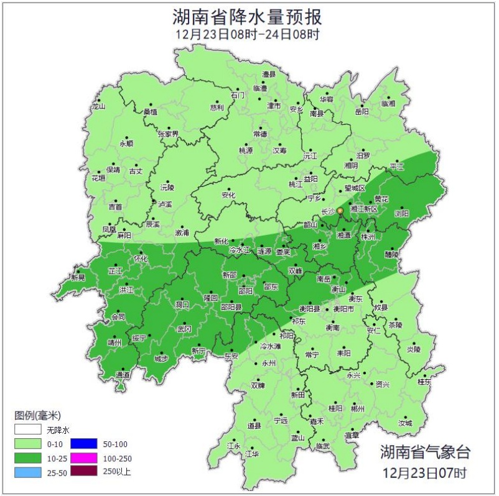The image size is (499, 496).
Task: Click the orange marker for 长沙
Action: coord(340,211)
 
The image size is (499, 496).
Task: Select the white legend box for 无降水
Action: coord(28,429)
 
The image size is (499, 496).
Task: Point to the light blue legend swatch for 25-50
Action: coord(28,472)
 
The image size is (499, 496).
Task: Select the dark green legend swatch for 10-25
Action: coord(28,459)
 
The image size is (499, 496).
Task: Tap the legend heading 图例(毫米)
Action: coord(38,415)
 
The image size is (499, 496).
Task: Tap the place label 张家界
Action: coord(168,134)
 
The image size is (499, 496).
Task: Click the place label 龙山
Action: coord(99,106)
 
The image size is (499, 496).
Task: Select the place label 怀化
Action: coord(141,258)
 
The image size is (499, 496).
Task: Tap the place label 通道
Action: coord(123,375)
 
